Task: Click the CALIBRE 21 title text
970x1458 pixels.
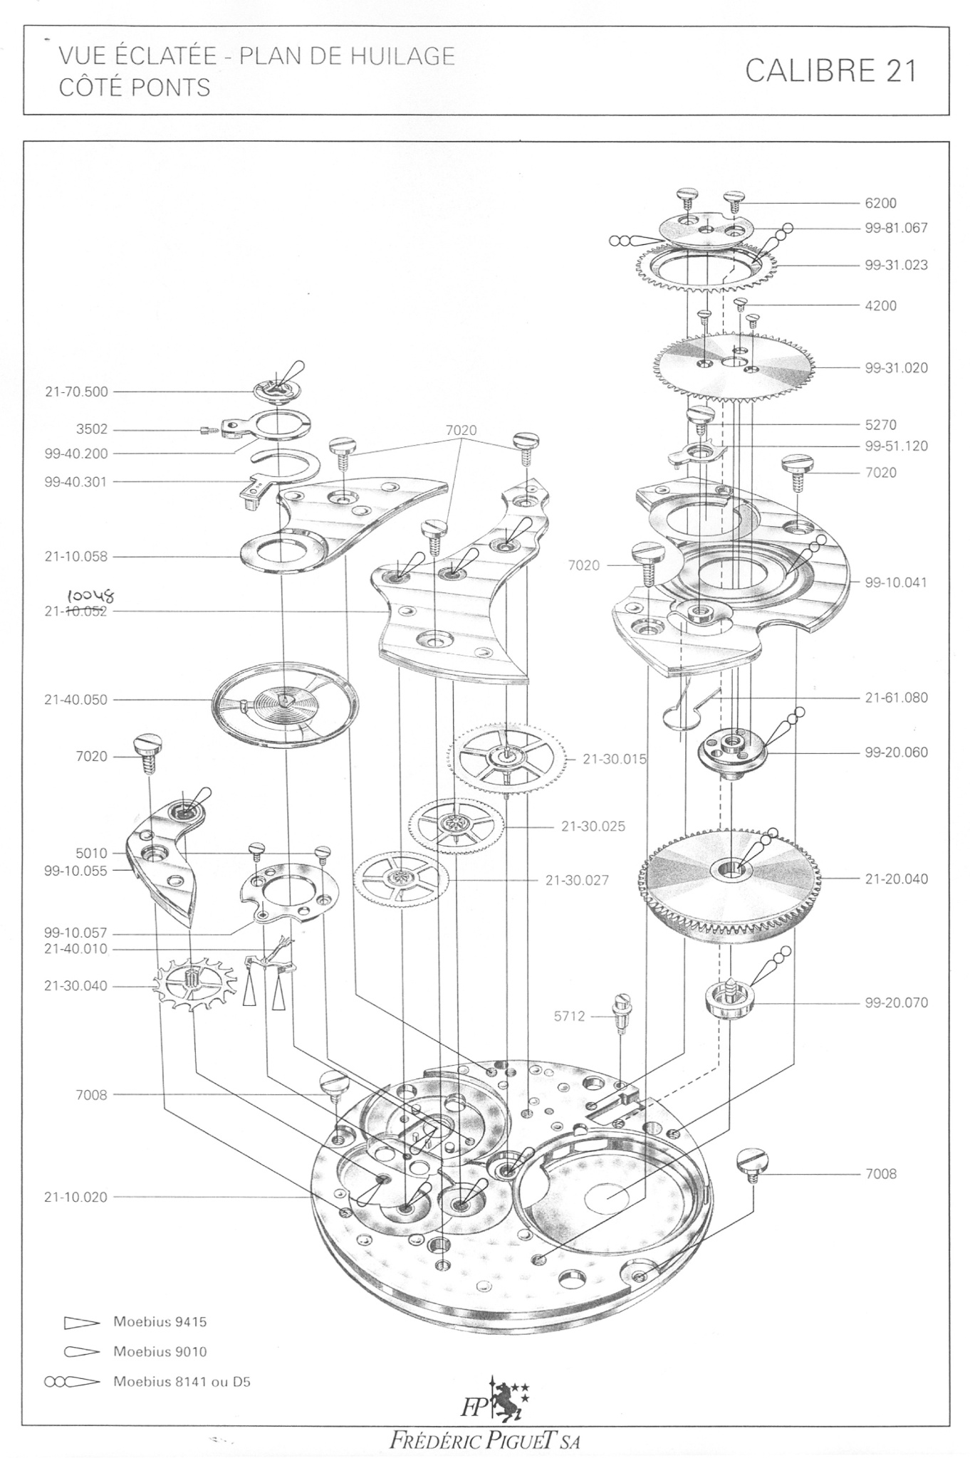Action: click(x=830, y=71)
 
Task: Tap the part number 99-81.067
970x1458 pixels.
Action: click(x=896, y=229)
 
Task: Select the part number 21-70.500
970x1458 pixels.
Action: click(x=76, y=392)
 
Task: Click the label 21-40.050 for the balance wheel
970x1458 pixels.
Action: click(x=75, y=700)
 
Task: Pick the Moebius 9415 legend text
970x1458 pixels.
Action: click(x=160, y=1322)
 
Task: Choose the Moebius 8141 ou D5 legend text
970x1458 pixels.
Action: click(x=182, y=1382)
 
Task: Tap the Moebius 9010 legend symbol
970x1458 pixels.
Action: click(x=79, y=1352)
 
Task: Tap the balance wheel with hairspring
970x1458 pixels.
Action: click(x=286, y=701)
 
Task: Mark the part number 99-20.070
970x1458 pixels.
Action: click(x=896, y=1003)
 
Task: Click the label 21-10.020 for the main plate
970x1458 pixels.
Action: click(x=75, y=1197)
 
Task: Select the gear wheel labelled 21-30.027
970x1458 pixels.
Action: click(x=401, y=880)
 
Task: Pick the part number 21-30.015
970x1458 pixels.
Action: click(x=614, y=759)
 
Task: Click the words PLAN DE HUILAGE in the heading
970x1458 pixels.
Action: click(x=347, y=56)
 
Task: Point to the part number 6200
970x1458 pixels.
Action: click(x=880, y=203)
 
